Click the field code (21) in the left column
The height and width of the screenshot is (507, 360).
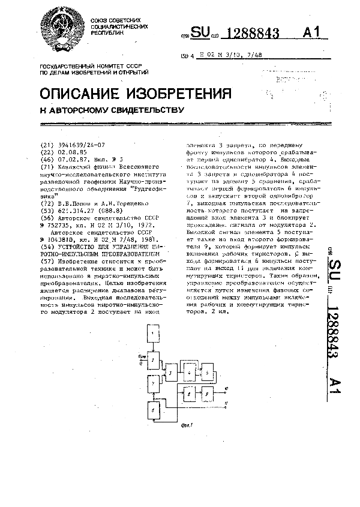46,145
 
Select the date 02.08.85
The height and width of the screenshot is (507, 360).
71,152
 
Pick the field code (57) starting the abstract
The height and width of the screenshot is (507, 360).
46,261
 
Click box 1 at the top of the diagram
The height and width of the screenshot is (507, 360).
154,334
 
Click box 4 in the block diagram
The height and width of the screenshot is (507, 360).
190,373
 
